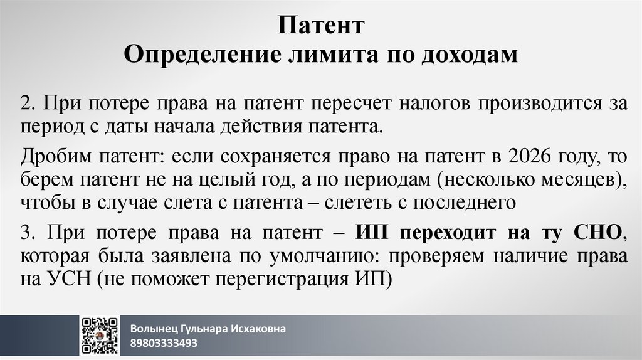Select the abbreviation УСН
point(69,279)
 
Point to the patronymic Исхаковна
point(260,329)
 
